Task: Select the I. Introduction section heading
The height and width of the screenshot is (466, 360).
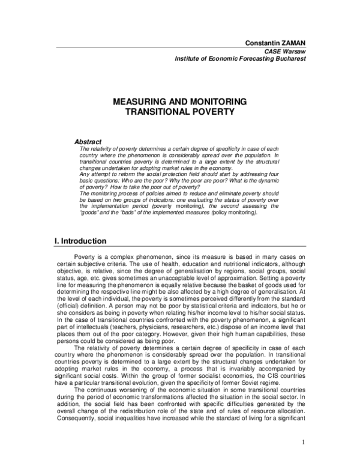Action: pos(80,241)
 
